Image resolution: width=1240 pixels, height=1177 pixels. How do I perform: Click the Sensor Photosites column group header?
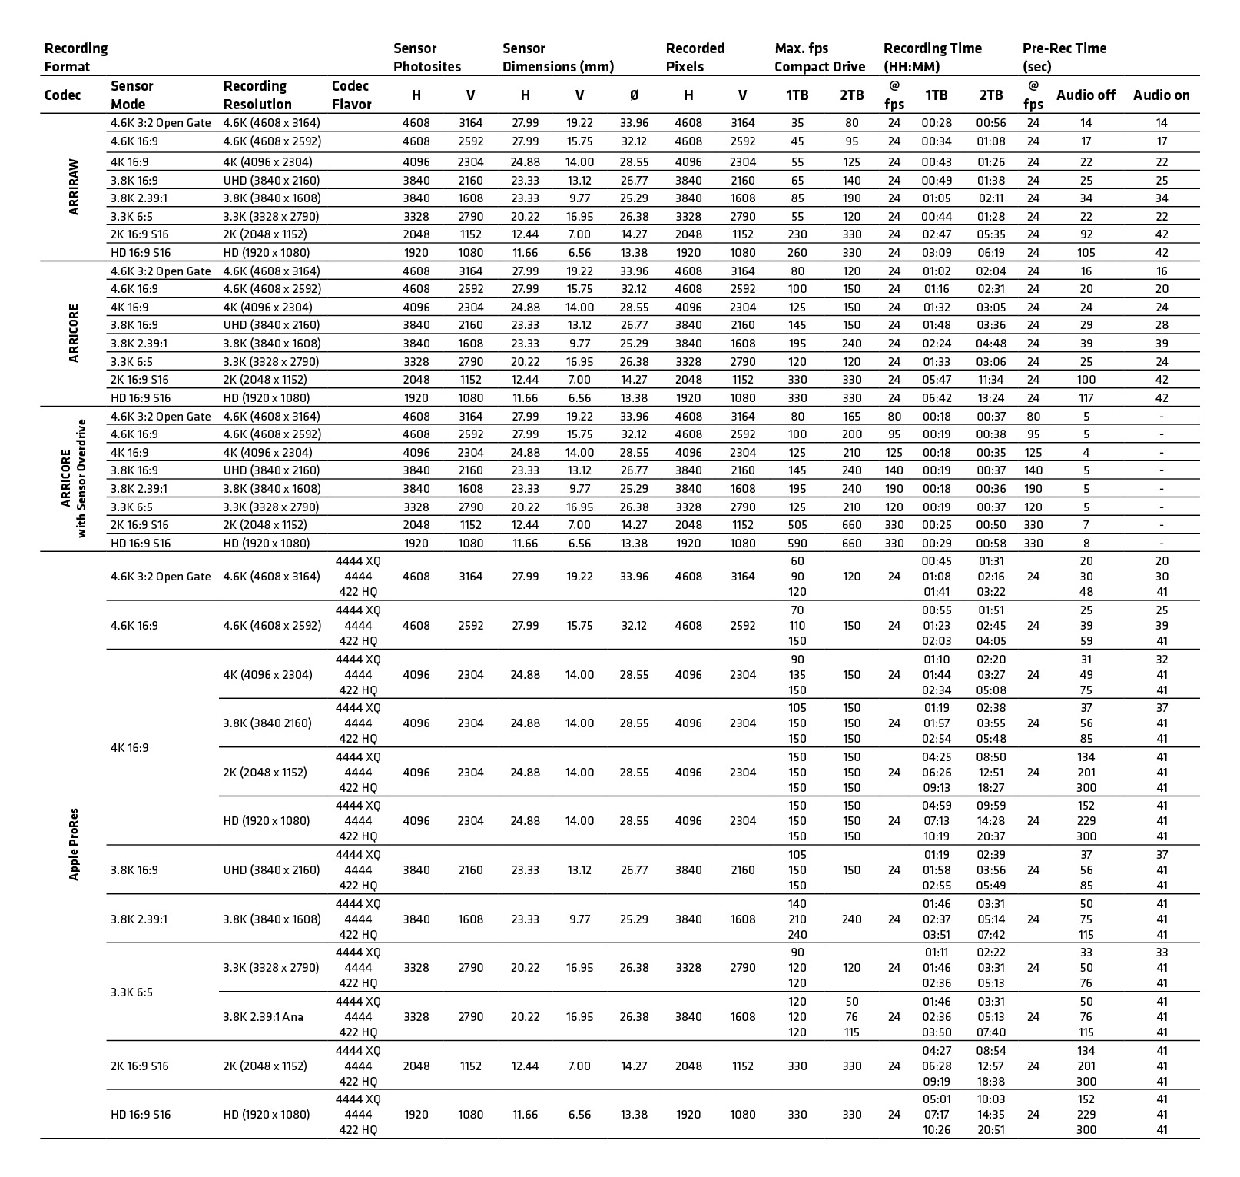426,58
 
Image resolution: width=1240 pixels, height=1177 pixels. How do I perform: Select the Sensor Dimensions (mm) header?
558,58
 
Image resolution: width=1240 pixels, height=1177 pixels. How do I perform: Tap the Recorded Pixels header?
695,58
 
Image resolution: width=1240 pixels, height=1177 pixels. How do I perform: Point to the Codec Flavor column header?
351,95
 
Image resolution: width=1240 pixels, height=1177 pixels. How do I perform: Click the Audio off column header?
1086,95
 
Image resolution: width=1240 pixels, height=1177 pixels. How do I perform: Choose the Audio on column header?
1161,95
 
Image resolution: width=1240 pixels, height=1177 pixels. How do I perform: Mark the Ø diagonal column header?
634,95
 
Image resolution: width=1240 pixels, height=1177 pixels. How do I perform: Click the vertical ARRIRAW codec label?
74,187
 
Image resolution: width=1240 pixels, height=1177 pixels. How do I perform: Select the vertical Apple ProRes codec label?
74,844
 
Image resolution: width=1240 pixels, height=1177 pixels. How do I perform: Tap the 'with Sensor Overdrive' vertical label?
81,479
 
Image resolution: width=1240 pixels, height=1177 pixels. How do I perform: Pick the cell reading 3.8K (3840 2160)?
267,723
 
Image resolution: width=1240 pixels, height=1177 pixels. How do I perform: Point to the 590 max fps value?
797,544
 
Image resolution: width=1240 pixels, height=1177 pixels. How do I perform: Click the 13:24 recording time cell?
990,398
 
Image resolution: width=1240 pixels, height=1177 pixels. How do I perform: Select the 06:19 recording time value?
990,253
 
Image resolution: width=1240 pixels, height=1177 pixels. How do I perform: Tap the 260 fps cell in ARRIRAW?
797,253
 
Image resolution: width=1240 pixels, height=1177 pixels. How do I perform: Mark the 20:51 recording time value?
990,1130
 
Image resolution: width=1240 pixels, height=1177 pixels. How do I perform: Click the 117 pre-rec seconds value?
1086,398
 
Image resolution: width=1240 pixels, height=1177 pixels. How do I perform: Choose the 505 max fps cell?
797,525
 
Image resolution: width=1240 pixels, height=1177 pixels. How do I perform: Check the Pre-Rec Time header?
1064,58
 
